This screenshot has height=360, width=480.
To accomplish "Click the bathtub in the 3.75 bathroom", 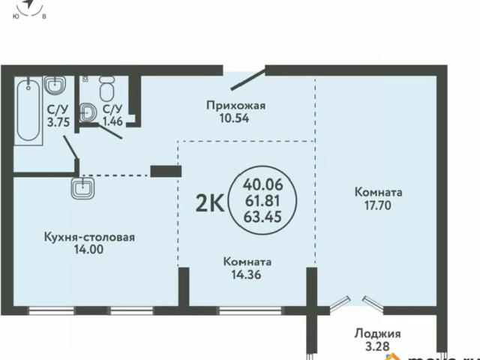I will click(28, 111).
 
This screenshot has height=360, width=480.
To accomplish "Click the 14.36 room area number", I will click(247, 275).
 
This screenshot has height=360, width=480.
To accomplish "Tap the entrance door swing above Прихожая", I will click(247, 79).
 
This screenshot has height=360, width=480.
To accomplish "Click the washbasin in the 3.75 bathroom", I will click(55, 88).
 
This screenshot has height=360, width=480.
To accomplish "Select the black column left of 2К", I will click(160, 170).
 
